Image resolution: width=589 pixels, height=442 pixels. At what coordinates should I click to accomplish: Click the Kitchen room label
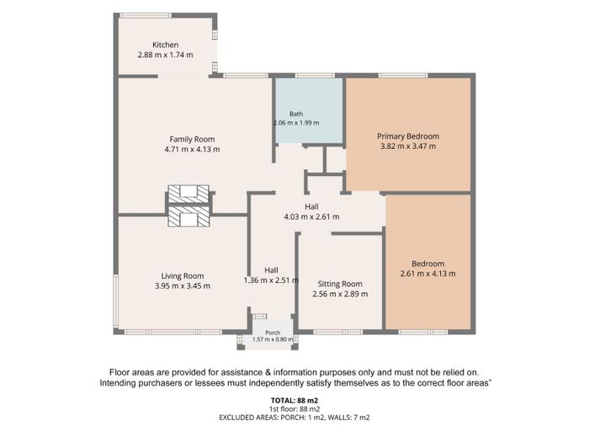pyautogui.click(x=165, y=45)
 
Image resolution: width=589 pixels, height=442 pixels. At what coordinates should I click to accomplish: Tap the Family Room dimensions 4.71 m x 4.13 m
pyautogui.click(x=192, y=149)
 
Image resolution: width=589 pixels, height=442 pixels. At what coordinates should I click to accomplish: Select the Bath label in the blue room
pyautogui.click(x=296, y=114)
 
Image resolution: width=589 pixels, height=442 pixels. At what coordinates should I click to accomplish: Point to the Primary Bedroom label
pyautogui.click(x=408, y=136)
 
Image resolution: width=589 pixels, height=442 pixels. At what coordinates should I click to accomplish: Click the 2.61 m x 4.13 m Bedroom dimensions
pyautogui.click(x=427, y=274)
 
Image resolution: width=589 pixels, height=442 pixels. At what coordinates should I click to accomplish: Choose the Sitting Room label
pyautogui.click(x=340, y=284)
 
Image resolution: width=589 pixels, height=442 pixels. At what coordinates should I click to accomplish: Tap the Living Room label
pyautogui.click(x=183, y=276)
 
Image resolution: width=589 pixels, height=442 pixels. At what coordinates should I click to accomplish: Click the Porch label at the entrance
pyautogui.click(x=273, y=333)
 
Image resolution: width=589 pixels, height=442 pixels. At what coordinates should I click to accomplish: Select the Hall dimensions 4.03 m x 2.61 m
pyautogui.click(x=311, y=217)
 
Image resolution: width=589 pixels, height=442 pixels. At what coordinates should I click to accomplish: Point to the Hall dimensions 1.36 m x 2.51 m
pyautogui.click(x=271, y=280)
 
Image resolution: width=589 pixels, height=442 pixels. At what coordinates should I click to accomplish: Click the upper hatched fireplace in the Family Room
pyautogui.click(x=188, y=194)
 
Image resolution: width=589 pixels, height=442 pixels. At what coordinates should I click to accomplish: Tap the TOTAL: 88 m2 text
pyautogui.click(x=294, y=401)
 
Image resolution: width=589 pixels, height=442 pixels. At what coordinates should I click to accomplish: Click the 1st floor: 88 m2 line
pyautogui.click(x=294, y=409)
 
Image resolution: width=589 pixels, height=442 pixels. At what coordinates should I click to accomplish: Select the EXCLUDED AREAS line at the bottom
pyautogui.click(x=294, y=418)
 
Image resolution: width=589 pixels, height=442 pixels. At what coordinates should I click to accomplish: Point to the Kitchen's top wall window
pyautogui.click(x=146, y=15)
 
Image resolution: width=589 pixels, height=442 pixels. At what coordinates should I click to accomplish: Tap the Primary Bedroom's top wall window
pyautogui.click(x=403, y=76)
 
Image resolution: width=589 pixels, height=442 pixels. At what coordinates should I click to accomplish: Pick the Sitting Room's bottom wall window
pyautogui.click(x=338, y=332)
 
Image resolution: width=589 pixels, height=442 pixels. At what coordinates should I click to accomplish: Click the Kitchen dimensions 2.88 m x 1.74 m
pyautogui.click(x=165, y=55)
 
